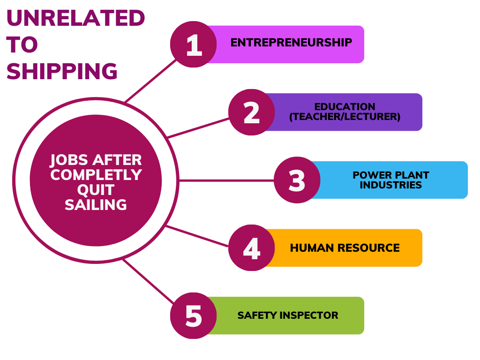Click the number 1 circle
[x=193, y=45]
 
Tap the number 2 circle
[x=252, y=112]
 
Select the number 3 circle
[x=297, y=180]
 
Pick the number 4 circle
[x=252, y=248]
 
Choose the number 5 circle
[x=193, y=315]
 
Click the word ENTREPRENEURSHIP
[x=291, y=43]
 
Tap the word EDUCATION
[x=345, y=107]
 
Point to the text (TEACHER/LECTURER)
[x=345, y=117]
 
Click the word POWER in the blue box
[x=368, y=175]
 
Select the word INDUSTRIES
[x=390, y=185]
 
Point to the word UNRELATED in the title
[x=75, y=19]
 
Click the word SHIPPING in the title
[x=62, y=72]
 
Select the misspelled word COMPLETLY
[x=96, y=175]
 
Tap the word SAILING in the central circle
[x=96, y=205]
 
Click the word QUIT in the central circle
[x=96, y=190]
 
